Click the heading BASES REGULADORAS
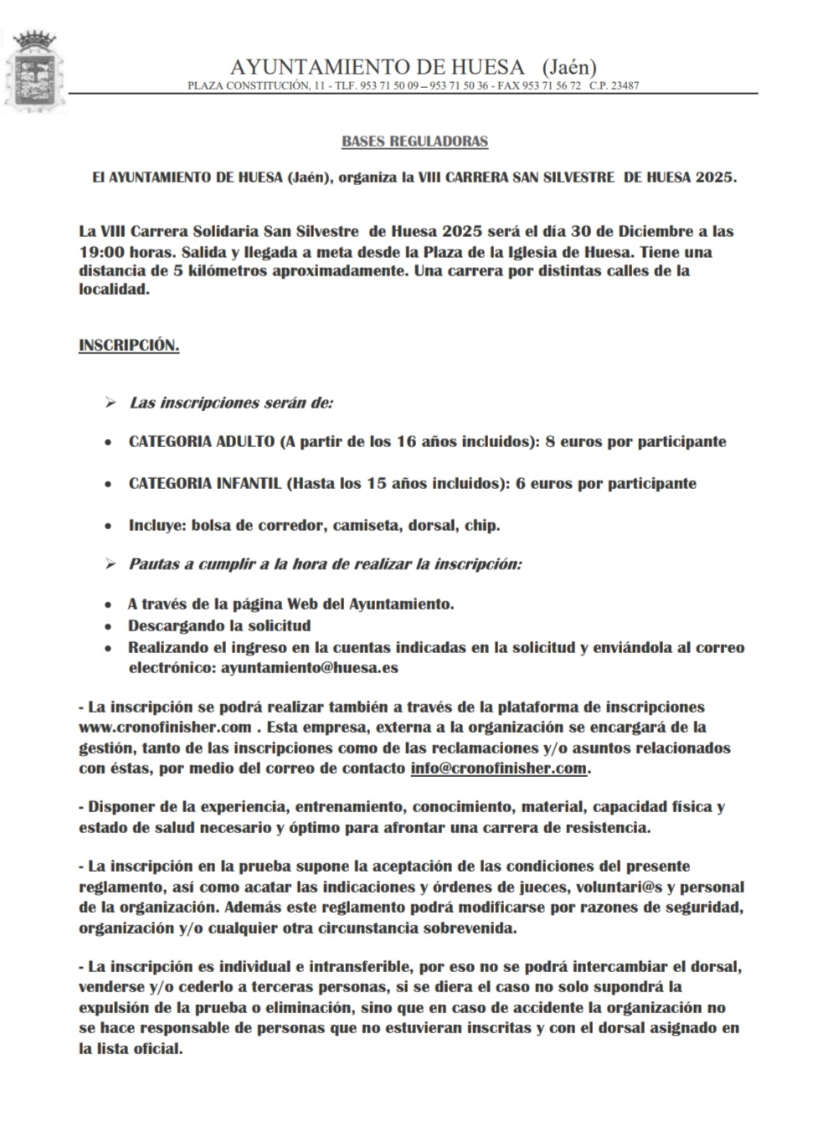[x=414, y=142]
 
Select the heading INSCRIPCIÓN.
[x=129, y=345]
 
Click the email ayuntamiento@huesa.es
[x=309, y=667]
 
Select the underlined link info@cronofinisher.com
[x=498, y=768]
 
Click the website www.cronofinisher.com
[x=165, y=727]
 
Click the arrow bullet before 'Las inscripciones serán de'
[x=110, y=404]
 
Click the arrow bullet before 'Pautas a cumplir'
[x=110, y=564]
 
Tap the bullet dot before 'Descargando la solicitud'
[x=108, y=626]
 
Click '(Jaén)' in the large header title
[x=569, y=67]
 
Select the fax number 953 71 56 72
[x=551, y=85]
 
